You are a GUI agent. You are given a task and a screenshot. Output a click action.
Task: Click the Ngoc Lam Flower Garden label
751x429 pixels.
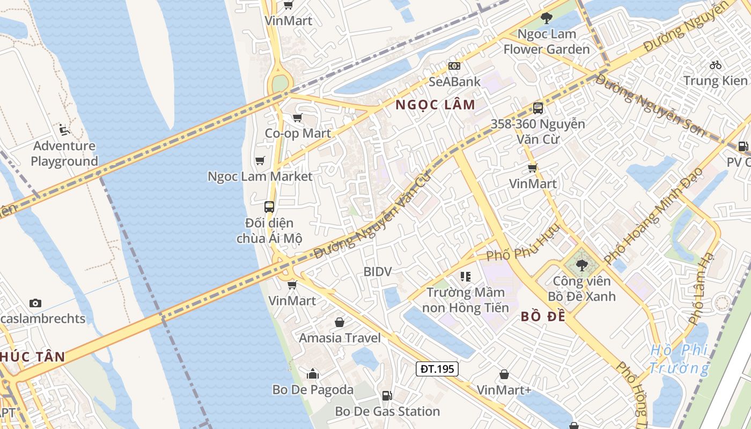pyautogui.click(x=546, y=42)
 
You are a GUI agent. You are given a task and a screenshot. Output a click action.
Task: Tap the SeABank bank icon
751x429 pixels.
pyautogui.click(x=454, y=66)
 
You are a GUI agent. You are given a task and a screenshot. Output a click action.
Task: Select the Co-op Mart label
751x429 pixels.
pyautogui.click(x=298, y=133)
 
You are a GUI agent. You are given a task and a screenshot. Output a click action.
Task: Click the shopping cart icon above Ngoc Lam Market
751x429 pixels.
pyautogui.click(x=260, y=160)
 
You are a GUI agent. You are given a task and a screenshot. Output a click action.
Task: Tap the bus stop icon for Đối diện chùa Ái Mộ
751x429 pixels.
pyautogui.click(x=269, y=206)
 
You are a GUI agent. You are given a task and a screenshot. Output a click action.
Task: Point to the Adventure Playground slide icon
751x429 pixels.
pyautogui.click(x=64, y=129)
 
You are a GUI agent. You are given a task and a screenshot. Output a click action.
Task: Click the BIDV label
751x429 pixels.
pyautogui.click(x=378, y=271)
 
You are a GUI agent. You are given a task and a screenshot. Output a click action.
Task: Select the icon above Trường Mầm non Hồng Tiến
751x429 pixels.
pyautogui.click(x=465, y=277)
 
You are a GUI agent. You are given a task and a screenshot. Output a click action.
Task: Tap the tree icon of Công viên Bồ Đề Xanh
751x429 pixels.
pyautogui.click(x=581, y=265)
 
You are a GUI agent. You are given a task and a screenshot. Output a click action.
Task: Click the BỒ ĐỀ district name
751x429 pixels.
pyautogui.click(x=543, y=316)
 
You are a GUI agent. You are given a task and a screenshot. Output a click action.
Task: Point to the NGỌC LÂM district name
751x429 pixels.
pyautogui.click(x=436, y=105)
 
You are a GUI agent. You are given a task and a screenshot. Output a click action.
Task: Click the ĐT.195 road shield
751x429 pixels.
pyautogui.click(x=437, y=368)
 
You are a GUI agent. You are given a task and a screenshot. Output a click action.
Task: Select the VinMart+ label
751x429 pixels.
pyautogui.click(x=504, y=390)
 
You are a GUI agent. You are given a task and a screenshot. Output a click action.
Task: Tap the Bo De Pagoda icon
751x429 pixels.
pyautogui.click(x=313, y=374)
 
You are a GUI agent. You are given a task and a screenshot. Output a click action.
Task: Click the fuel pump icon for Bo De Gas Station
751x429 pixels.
pyautogui.click(x=387, y=396)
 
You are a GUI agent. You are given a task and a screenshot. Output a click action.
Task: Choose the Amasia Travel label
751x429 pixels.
pyautogui.click(x=340, y=338)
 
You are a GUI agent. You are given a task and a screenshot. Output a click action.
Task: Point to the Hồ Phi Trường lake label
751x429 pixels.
pyautogui.click(x=679, y=359)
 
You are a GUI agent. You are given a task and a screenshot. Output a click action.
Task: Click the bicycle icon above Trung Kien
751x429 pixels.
pyautogui.click(x=716, y=65)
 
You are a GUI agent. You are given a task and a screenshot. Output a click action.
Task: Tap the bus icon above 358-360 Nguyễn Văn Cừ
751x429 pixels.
pyautogui.click(x=538, y=108)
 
